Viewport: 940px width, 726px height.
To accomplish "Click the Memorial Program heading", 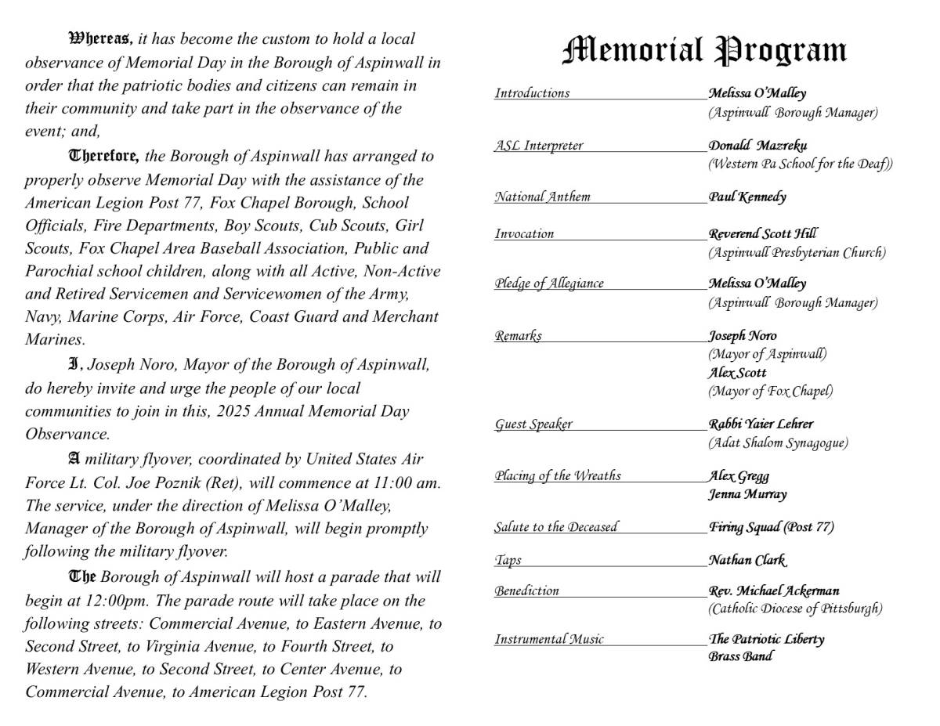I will [704, 51].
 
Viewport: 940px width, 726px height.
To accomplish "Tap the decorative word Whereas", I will [101, 38].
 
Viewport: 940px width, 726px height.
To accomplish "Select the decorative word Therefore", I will [104, 156].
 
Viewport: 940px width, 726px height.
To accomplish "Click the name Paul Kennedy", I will [747, 197].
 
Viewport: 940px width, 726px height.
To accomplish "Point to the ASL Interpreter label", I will [538, 146].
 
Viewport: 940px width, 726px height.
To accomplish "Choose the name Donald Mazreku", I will [757, 146].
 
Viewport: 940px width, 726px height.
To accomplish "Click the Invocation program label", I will [524, 233].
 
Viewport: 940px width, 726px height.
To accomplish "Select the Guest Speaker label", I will [533, 424].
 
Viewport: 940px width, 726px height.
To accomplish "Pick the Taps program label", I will [508, 560].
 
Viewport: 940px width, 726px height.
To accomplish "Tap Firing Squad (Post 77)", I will [771, 527].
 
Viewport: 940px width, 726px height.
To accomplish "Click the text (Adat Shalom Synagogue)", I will [778, 442].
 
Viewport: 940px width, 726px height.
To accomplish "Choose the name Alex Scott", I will [737, 373].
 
